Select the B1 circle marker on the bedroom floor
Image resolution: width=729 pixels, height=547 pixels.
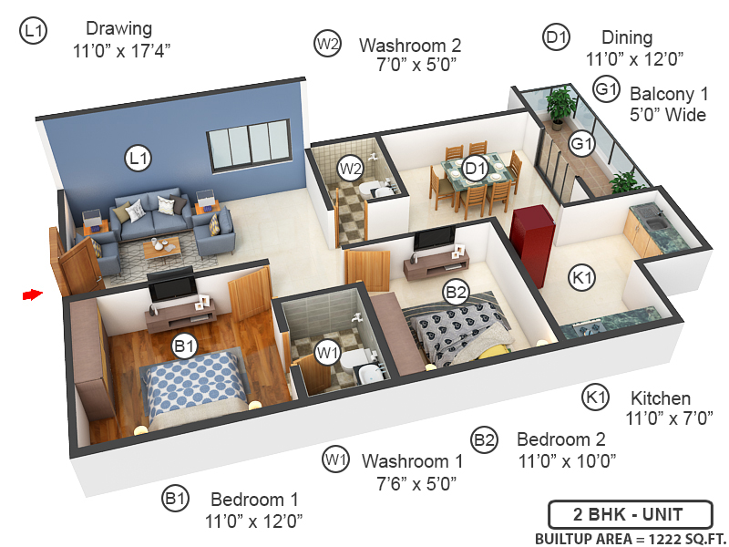185,346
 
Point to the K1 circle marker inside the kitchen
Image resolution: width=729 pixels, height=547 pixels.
580,278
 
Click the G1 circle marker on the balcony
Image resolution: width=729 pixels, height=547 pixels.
581,144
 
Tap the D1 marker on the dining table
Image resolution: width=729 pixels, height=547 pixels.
475,168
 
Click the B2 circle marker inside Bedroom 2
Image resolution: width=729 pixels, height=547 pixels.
456,293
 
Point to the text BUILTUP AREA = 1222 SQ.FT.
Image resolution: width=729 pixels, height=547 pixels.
628,537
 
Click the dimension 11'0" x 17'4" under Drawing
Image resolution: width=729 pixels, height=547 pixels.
122,52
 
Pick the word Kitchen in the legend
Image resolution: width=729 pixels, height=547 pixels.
661,399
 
